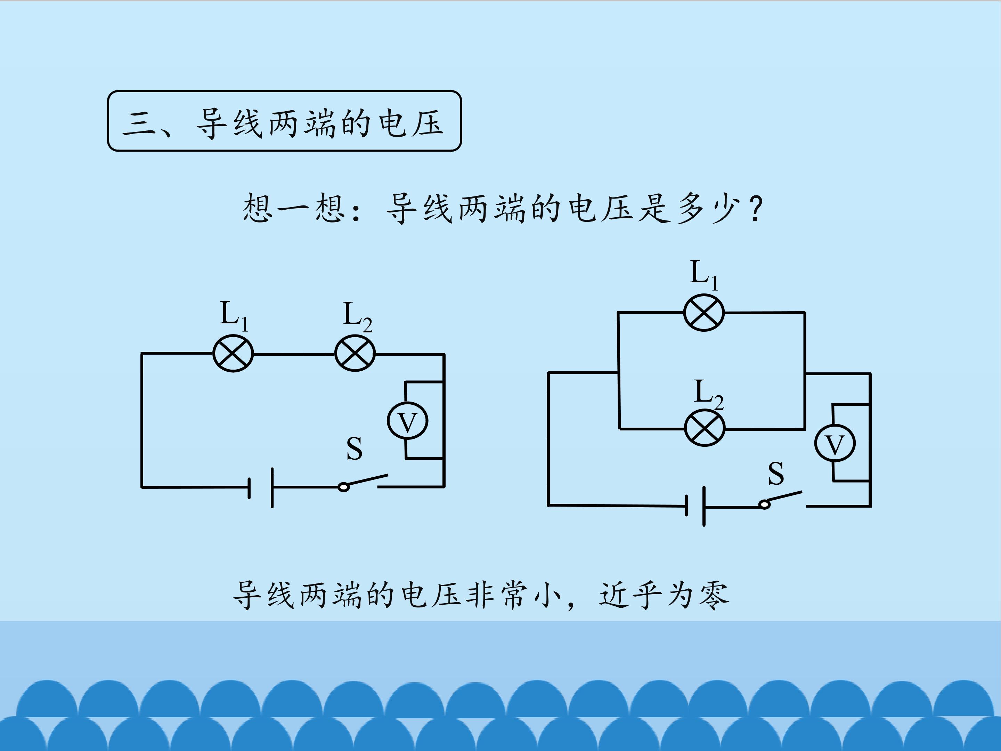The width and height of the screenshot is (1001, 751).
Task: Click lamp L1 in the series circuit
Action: [233, 354]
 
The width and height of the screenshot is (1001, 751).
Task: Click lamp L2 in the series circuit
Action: [355, 354]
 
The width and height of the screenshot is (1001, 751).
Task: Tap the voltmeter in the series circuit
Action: [407, 421]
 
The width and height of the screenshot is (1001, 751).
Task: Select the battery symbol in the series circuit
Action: [261, 487]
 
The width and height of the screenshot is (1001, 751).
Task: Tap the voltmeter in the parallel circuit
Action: [835, 443]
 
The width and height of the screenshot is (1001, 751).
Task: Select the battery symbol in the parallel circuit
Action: [695, 506]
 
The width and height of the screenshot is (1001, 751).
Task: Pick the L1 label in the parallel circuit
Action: [704, 275]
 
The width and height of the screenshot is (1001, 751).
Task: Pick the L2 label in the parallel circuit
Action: [709, 394]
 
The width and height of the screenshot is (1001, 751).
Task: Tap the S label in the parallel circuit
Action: [776, 474]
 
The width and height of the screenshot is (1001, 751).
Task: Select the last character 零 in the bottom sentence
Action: [714, 595]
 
